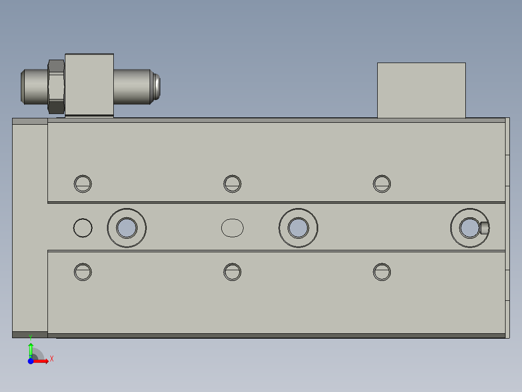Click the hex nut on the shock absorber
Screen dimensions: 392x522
click(57, 86)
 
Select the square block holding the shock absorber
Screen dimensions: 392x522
click(89, 85)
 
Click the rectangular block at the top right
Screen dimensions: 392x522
click(421, 90)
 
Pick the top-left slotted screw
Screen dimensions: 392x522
click(83, 183)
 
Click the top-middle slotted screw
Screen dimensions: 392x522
click(232, 183)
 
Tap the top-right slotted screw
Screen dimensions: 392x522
click(382, 183)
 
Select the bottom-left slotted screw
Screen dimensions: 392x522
click(83, 272)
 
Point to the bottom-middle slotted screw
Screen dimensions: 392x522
click(232, 272)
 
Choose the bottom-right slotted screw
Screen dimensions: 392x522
click(382, 272)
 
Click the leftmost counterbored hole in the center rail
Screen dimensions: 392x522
click(127, 228)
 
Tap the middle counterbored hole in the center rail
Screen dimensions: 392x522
click(298, 228)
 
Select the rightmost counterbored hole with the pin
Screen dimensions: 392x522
click(469, 228)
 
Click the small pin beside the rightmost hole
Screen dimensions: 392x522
click(484, 228)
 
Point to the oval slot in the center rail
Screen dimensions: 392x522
click(232, 228)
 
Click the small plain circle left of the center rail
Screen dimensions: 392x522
click(83, 228)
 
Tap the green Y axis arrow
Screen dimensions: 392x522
click(31, 348)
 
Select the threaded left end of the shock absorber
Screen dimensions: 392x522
click(34, 86)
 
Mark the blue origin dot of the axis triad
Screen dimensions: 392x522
click(31, 360)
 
